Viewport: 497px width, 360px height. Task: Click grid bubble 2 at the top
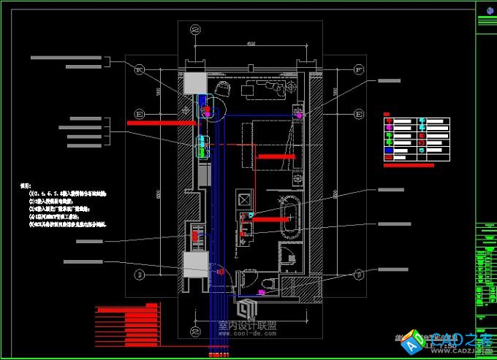(x=196, y=30)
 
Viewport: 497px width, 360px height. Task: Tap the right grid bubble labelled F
(x=360, y=70)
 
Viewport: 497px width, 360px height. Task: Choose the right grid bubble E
(x=360, y=114)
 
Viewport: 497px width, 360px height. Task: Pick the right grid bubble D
(x=360, y=274)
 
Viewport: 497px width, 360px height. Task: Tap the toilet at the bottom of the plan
(x=268, y=283)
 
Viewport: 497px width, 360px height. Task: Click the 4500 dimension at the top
(x=250, y=45)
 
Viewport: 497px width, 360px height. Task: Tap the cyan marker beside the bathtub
(x=251, y=215)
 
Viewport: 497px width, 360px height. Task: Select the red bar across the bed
(x=276, y=156)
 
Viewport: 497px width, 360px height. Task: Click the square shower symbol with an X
(x=244, y=198)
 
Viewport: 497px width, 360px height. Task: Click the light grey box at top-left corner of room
(x=193, y=83)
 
